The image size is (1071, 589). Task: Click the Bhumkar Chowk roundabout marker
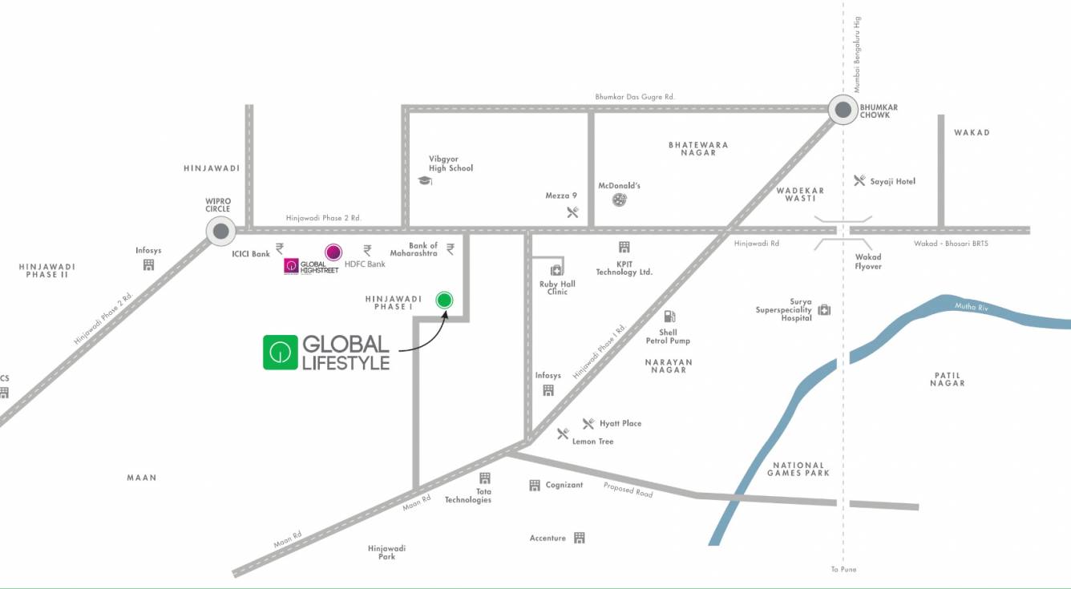[843, 110]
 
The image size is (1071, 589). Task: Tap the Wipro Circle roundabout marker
[220, 232]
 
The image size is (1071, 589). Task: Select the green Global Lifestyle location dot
[444, 301]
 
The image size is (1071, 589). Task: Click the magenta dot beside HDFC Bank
[333, 252]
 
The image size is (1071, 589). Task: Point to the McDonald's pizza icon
[620, 200]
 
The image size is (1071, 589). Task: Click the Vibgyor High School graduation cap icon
[424, 181]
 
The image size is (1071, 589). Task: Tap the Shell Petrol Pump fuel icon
[669, 317]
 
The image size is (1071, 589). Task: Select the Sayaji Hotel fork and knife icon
[859, 181]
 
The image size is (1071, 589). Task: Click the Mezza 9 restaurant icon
[572, 212]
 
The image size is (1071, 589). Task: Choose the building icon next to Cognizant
[535, 486]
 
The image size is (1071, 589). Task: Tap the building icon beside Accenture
[580, 538]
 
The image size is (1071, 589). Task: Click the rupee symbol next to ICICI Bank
[280, 248]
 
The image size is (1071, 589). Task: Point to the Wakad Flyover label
[868, 262]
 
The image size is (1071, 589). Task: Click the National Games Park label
[798, 469]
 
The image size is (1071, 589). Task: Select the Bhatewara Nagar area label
[698, 148]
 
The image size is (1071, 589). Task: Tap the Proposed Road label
[628, 490]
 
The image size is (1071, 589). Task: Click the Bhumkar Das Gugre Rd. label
[635, 97]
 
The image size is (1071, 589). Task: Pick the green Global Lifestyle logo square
[280, 353]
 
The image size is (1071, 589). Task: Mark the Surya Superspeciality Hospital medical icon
[824, 310]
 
